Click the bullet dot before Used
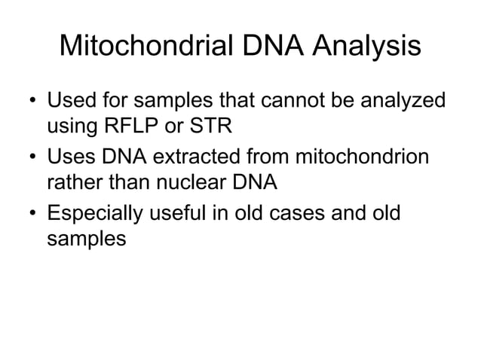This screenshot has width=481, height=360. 32,101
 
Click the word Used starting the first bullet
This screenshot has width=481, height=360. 69,100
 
